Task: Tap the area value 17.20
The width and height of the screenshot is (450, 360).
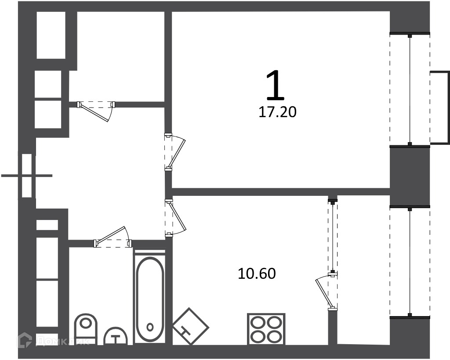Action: [x=278, y=112]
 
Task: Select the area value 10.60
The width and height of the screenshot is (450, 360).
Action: [x=257, y=274]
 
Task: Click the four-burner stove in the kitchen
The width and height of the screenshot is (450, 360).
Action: [x=266, y=329]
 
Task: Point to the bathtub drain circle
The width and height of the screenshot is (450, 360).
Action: [x=150, y=327]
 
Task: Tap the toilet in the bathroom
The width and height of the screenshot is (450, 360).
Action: [x=86, y=329]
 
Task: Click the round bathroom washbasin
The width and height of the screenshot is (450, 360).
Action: [x=116, y=336]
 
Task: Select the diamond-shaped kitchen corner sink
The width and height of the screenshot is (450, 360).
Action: [x=191, y=326]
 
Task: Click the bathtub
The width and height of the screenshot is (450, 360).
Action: [x=150, y=298]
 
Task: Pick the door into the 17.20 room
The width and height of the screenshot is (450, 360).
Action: [x=174, y=152]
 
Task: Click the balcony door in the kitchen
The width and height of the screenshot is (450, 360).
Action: [x=327, y=292]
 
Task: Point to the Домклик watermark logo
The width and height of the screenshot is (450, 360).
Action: [x=53, y=341]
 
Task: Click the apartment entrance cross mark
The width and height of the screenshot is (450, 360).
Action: [x=27, y=176]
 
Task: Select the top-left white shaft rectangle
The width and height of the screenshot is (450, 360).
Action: [x=51, y=35]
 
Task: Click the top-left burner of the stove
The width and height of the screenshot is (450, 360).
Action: [x=258, y=323]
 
